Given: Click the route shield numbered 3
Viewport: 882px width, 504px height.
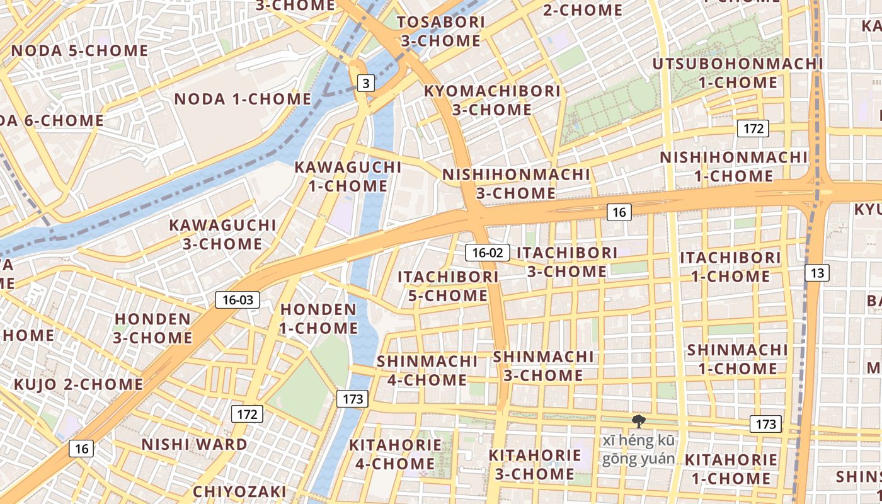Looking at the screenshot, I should [x=365, y=83].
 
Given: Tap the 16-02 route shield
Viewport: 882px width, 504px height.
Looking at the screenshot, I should [x=488, y=253].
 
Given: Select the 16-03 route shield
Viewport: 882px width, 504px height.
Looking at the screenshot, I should [x=238, y=300].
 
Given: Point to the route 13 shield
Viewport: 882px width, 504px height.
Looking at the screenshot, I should [x=817, y=273].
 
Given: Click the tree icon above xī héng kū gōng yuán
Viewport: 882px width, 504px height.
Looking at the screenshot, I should [x=638, y=421].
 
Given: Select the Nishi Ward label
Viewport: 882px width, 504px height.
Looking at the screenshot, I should [x=194, y=444].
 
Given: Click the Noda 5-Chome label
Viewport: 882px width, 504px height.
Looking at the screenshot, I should [x=79, y=50].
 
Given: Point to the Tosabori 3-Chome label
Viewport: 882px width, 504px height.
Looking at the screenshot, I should [x=441, y=31].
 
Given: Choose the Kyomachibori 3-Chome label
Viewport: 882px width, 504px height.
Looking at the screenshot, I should [x=492, y=100].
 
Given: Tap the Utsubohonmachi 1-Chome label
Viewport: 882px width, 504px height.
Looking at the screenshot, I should [x=738, y=73].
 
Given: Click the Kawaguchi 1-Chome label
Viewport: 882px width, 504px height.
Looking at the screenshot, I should [x=348, y=176].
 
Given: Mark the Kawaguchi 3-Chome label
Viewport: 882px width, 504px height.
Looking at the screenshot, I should [x=222, y=234].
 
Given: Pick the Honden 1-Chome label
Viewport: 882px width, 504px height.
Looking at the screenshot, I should [x=319, y=319].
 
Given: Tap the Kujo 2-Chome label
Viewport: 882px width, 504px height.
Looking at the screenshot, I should [x=79, y=384].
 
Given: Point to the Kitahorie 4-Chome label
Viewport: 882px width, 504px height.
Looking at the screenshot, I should [x=395, y=454].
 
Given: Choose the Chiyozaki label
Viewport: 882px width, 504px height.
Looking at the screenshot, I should [x=239, y=491].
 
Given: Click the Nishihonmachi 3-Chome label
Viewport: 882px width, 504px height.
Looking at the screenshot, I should [x=516, y=183].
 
